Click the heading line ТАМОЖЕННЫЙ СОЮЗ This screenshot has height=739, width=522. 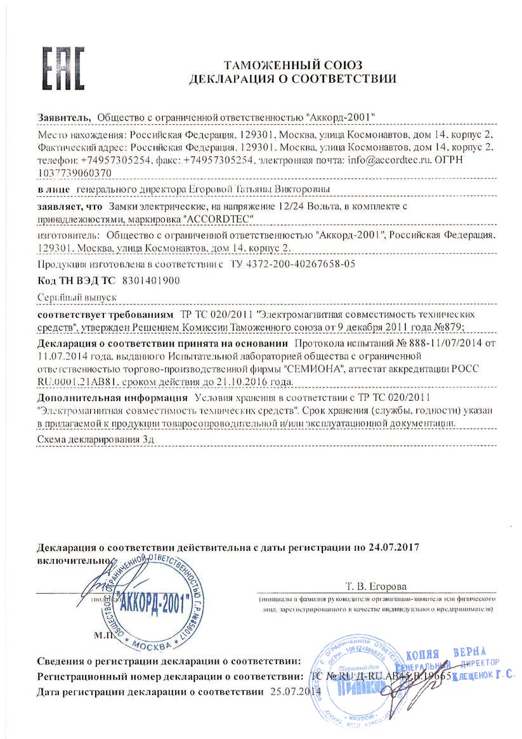(292, 65)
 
